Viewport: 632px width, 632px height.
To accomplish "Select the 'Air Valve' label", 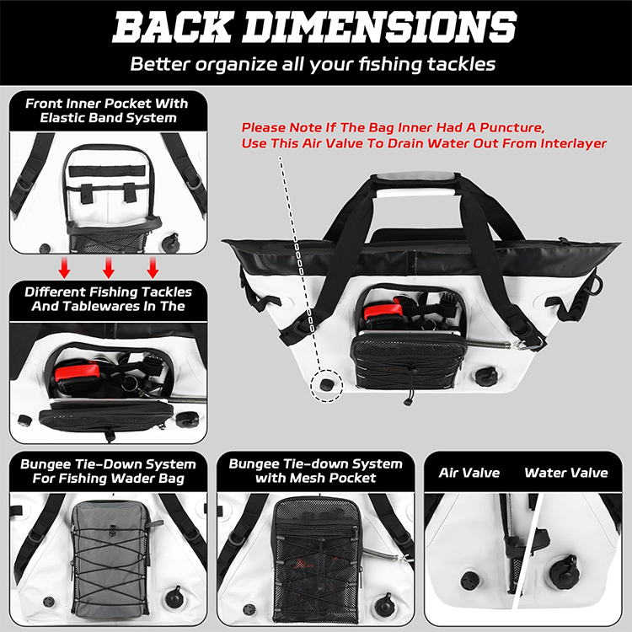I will (x=469, y=473).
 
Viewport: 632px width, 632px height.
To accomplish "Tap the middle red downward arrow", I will (x=109, y=269).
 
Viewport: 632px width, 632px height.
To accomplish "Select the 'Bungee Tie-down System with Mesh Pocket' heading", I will (x=315, y=471).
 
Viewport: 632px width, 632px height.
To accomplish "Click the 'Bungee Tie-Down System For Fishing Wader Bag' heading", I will (x=108, y=471).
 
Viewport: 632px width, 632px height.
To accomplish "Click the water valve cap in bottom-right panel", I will (x=564, y=574).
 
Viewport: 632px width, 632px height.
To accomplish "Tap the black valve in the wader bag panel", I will (x=174, y=597).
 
